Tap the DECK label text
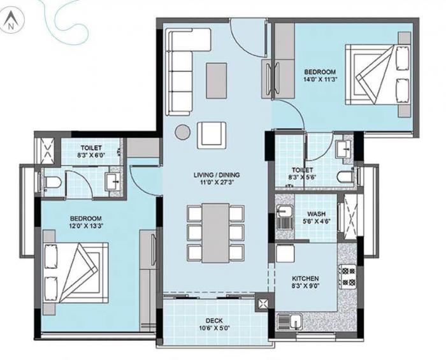click(x=213, y=320)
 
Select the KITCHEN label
click(x=305, y=279)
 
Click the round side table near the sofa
click(x=183, y=133)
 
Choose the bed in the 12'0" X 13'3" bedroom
click(x=74, y=272)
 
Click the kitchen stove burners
click(x=349, y=276)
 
